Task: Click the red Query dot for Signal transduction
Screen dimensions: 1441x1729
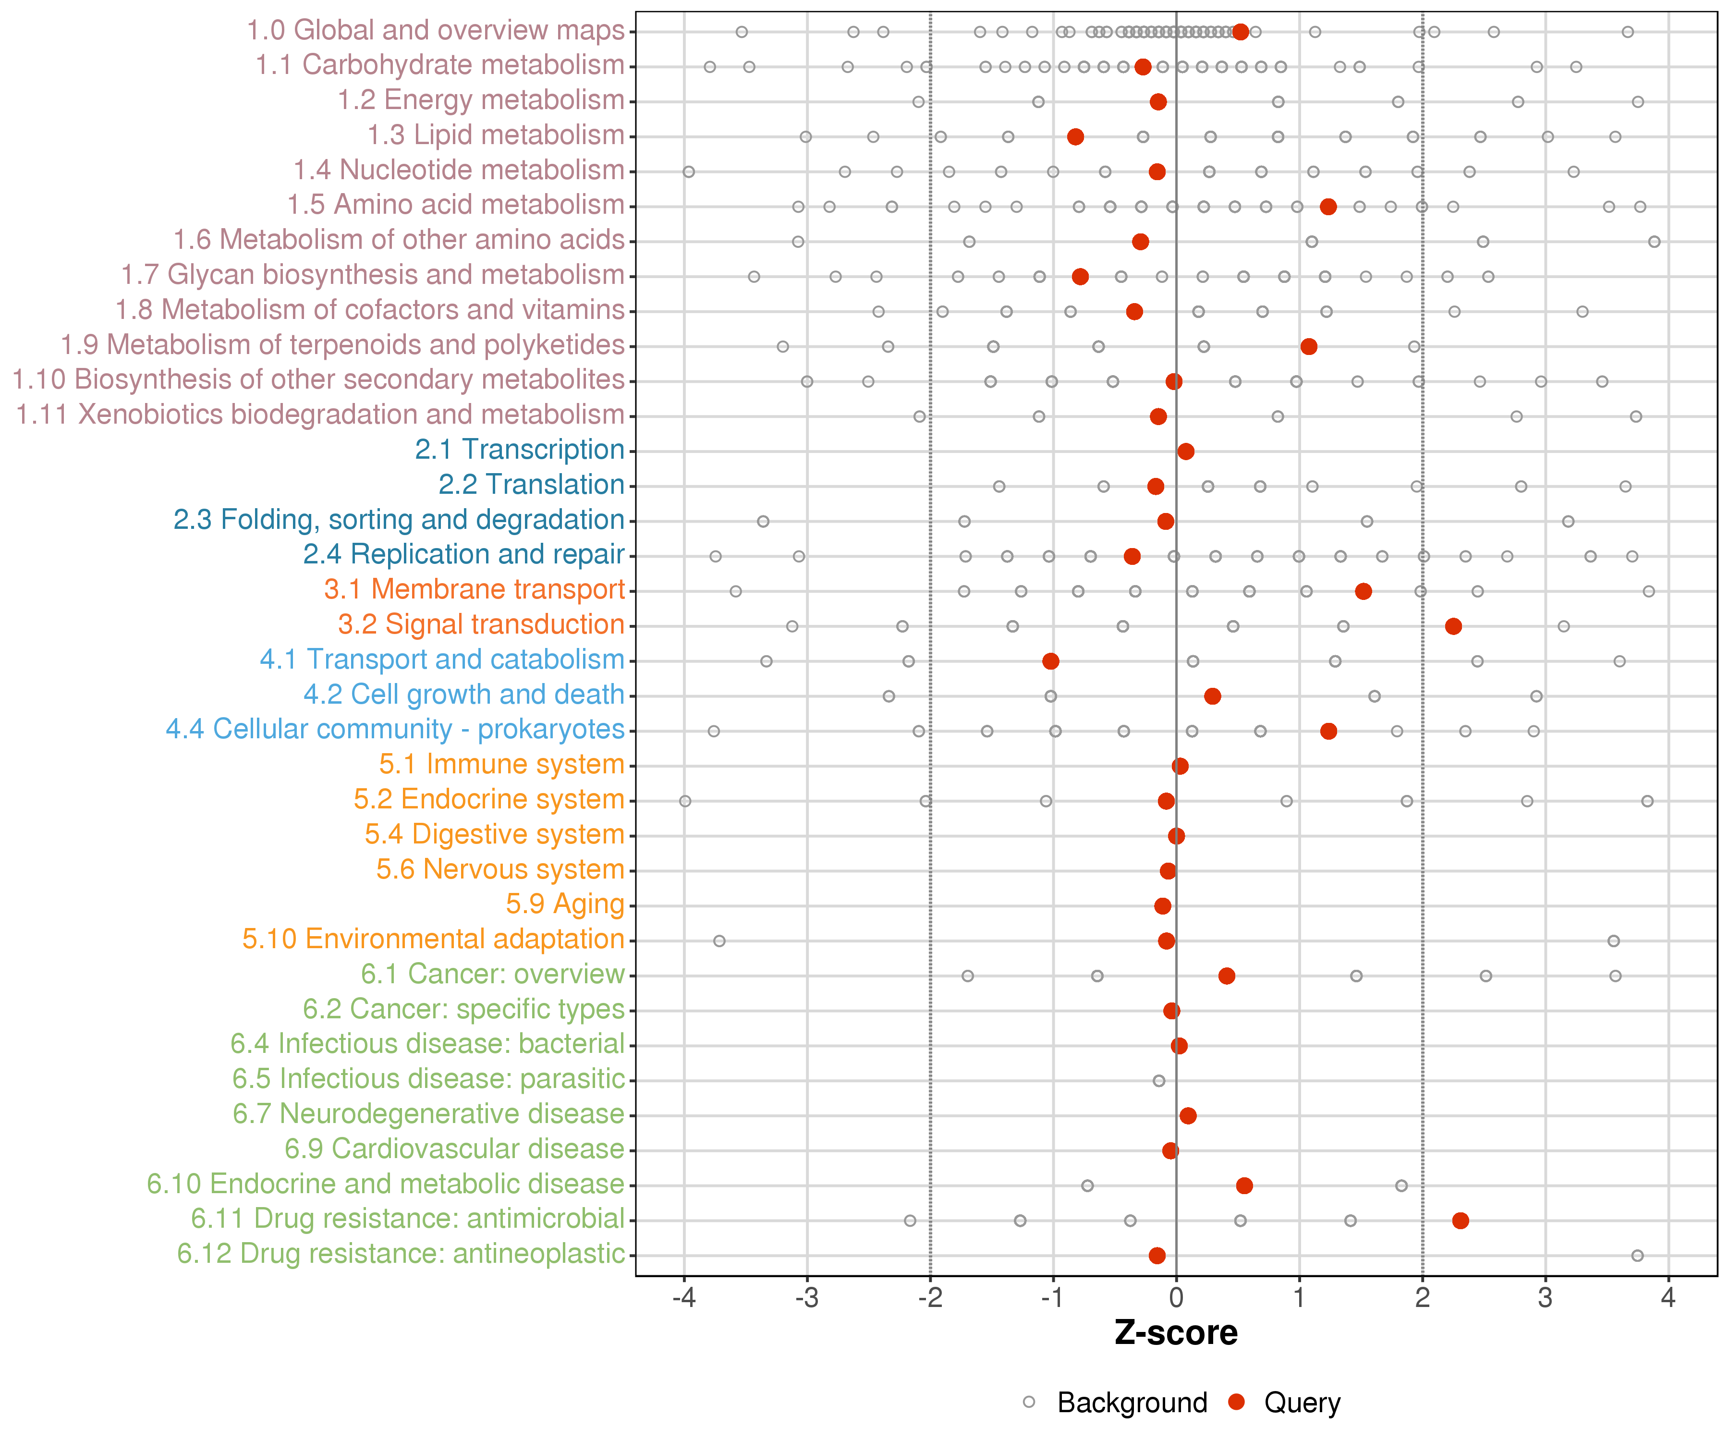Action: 1453,627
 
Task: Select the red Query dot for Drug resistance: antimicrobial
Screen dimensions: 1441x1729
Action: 1461,1221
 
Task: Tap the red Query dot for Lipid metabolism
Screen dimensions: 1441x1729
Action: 1075,137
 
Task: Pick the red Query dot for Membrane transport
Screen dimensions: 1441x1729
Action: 1364,591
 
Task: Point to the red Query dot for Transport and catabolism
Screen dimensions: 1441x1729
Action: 1050,661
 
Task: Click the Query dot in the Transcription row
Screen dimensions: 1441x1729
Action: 1186,451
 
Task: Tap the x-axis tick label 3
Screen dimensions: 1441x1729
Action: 1546,1298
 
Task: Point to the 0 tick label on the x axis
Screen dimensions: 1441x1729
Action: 1177,1298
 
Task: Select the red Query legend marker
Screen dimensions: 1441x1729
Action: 1236,1402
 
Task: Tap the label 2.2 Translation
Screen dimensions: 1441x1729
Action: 531,485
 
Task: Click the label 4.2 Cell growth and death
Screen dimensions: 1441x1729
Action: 463,695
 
